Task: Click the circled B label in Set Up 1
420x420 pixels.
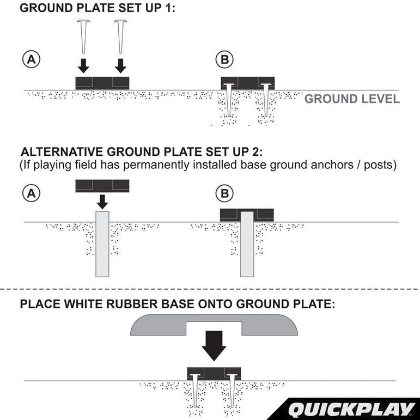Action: click(223, 59)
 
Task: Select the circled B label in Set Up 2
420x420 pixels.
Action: click(223, 192)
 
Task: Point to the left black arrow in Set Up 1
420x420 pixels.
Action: click(83, 66)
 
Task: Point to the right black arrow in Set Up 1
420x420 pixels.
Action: click(121, 66)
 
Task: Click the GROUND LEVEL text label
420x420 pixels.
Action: click(352, 99)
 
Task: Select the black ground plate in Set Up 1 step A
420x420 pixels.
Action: click(102, 83)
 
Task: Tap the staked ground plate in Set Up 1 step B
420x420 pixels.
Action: click(247, 82)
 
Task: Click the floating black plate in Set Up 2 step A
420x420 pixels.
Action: click(102, 186)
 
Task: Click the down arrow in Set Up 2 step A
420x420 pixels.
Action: click(102, 202)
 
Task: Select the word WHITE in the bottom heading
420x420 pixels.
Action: click(86, 303)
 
